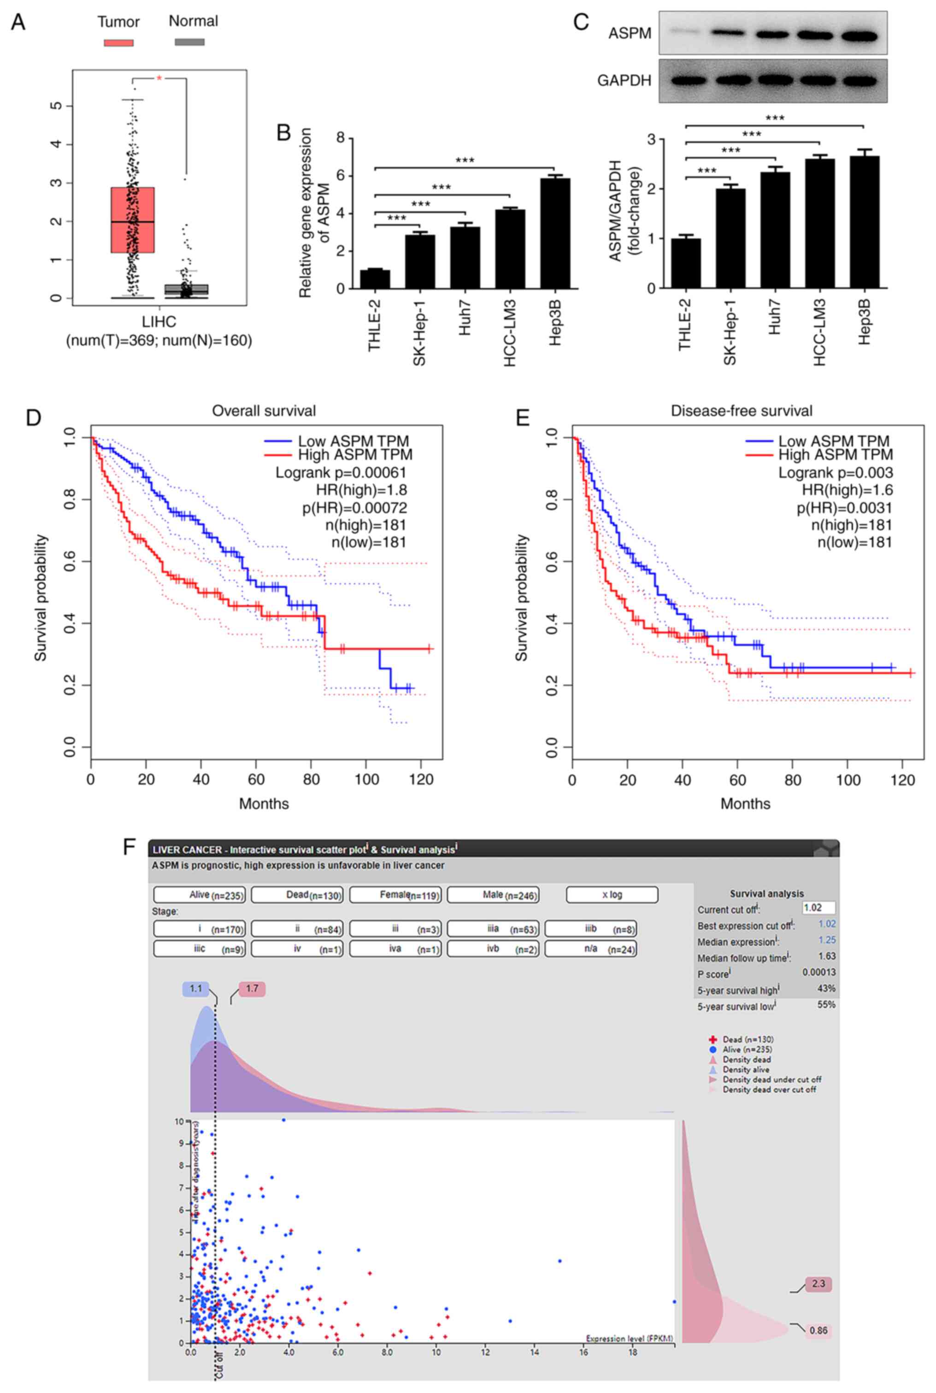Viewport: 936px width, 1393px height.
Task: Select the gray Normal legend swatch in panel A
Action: point(189,42)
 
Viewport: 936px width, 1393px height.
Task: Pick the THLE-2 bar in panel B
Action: point(374,279)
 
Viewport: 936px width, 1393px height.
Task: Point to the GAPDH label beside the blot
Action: point(624,81)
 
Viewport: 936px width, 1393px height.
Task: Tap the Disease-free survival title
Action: point(742,411)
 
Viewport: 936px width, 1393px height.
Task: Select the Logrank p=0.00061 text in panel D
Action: point(341,473)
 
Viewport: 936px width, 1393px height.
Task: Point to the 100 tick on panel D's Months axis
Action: point(366,779)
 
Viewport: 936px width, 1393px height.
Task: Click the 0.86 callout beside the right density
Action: point(818,1347)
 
